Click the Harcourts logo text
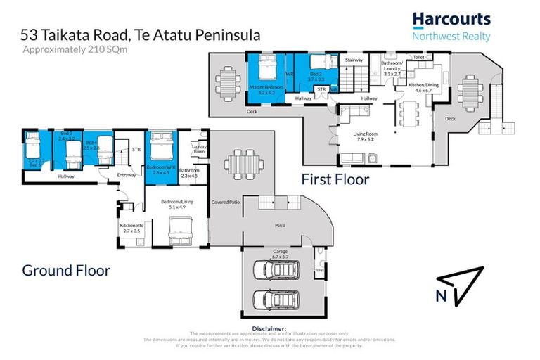[451, 20]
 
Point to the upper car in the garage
[276, 272]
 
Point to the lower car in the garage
[276, 300]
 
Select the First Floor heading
[335, 179]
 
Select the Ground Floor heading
[66, 269]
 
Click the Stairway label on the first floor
[354, 60]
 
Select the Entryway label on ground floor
[108, 175]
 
